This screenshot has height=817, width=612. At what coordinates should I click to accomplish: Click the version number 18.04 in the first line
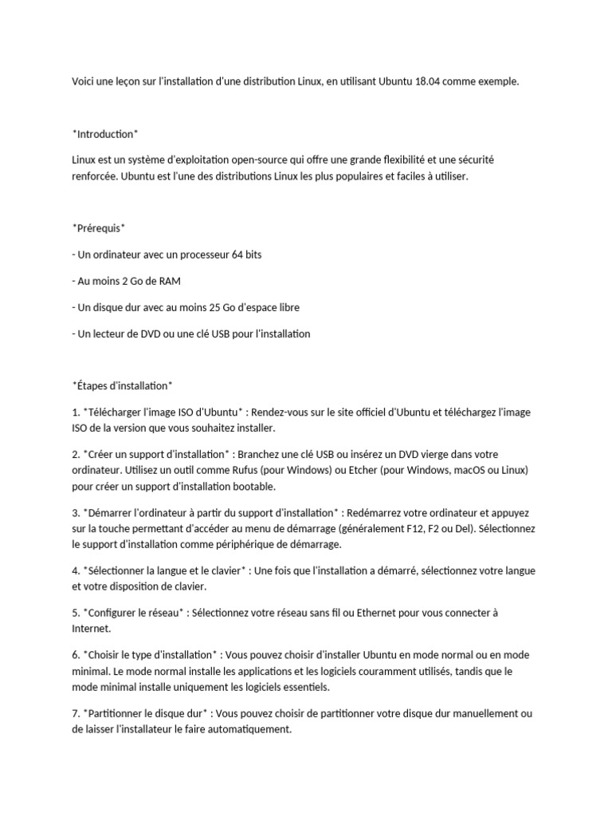[x=428, y=81]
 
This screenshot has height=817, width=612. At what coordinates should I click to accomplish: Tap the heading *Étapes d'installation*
[x=122, y=385]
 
